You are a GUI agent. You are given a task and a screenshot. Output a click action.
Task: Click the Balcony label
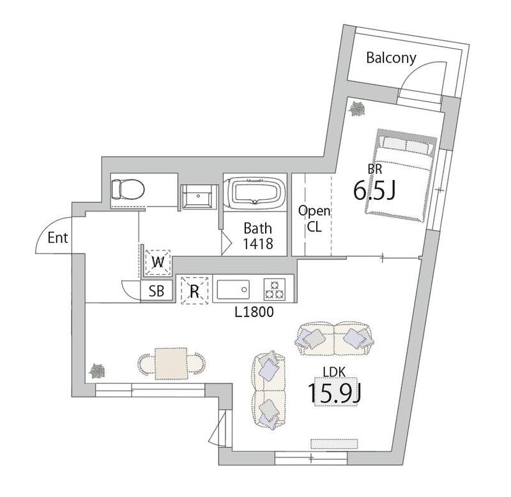[x=391, y=58]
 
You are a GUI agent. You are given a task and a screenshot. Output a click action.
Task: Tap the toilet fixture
[x=128, y=189]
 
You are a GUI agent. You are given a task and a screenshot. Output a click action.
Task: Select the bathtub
[x=255, y=193]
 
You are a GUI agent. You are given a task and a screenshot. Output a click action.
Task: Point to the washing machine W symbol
[x=158, y=262]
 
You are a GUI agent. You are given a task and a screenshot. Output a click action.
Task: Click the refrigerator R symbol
[x=195, y=291]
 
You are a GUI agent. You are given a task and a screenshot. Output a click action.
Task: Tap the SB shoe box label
[x=156, y=291]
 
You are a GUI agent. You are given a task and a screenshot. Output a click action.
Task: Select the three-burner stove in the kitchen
[x=275, y=289]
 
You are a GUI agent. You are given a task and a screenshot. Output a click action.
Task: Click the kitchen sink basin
[x=233, y=289]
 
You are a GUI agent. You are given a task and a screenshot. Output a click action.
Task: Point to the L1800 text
[x=254, y=312]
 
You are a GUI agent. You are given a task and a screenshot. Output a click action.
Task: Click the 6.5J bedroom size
[x=374, y=190]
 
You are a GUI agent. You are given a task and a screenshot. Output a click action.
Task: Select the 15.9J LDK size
[x=335, y=392]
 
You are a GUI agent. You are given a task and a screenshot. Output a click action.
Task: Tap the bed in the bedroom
[x=401, y=176]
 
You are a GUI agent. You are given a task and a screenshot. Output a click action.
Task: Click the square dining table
[x=171, y=363]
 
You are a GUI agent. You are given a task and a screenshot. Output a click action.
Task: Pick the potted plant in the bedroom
[x=356, y=109]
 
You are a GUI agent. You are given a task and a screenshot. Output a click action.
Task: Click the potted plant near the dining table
[x=98, y=371]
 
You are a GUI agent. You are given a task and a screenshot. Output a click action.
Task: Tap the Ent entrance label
[x=57, y=238]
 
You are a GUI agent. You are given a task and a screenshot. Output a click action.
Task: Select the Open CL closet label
[x=314, y=218]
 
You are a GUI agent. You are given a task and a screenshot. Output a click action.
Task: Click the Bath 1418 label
[x=258, y=236]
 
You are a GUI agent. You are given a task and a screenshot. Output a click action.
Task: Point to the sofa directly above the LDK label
[x=334, y=339]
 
